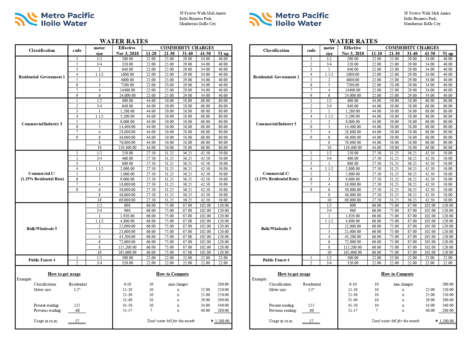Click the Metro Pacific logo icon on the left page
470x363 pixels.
[26, 19]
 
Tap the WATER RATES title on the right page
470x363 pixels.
[353, 41]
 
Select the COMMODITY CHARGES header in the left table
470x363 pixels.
[187, 48]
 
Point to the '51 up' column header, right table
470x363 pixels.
[447, 54]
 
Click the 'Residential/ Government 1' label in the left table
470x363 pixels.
[42, 77]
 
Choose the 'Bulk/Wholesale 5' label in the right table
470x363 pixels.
[276, 229]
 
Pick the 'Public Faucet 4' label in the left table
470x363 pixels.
[42, 260]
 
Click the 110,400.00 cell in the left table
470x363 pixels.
[127, 147]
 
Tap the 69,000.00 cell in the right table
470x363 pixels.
[353, 200]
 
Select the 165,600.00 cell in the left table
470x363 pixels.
[127, 252]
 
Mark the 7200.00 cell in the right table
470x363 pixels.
[353, 85]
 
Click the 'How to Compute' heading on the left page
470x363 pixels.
[172, 274]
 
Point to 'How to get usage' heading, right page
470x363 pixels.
[294, 274]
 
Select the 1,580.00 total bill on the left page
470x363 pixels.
[222, 321]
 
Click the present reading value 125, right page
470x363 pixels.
[311, 305]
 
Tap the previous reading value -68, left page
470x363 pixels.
[77, 310]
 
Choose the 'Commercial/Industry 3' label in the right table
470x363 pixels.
[276, 124]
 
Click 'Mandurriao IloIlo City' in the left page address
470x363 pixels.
[198, 24]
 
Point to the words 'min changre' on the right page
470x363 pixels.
[403, 284]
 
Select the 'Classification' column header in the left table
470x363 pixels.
[42, 50]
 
